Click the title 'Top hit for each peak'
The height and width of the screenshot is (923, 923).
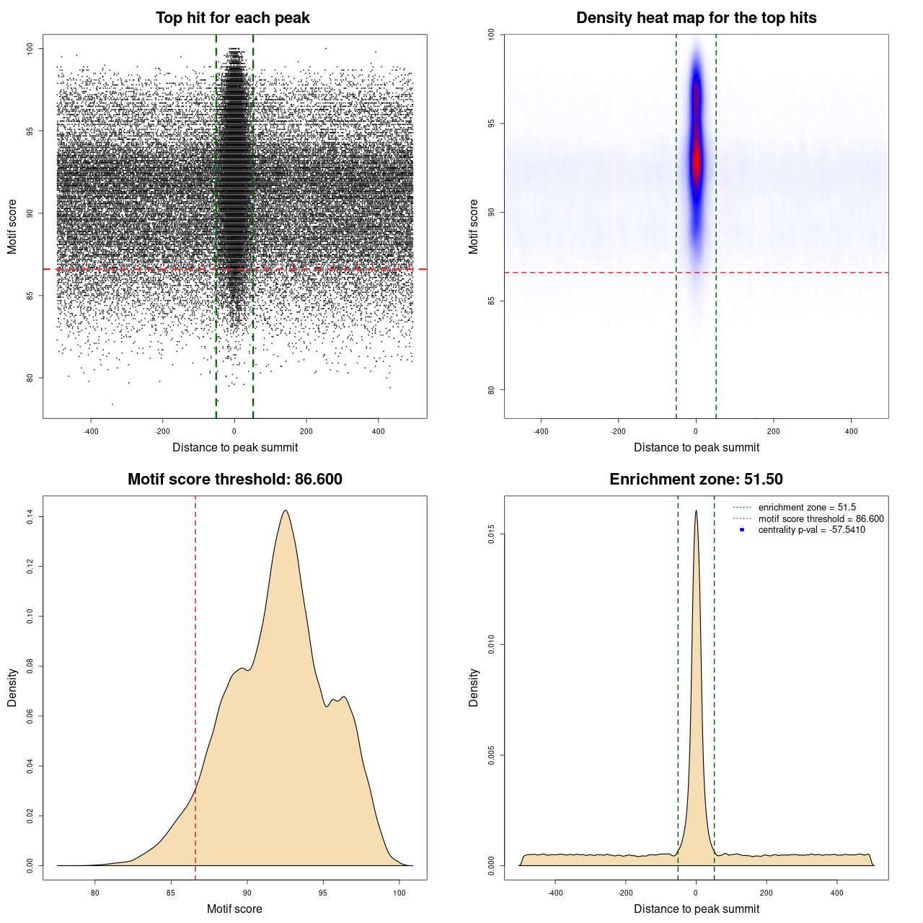point(232,18)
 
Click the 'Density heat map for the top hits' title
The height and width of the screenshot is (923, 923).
point(696,18)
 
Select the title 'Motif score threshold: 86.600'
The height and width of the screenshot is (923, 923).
point(234,480)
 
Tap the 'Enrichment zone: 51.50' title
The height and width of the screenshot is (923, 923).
point(696,480)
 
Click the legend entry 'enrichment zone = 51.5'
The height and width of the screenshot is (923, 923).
point(807,508)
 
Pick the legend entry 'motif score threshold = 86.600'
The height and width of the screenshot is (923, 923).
point(821,518)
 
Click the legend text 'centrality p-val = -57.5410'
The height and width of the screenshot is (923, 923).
point(811,530)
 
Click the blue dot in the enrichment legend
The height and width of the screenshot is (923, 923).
point(742,530)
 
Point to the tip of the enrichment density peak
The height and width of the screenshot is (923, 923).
point(696,511)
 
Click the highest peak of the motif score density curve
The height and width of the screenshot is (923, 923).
point(286,511)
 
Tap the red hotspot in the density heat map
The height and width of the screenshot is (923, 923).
point(697,160)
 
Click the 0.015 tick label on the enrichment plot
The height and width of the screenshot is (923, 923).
point(491,534)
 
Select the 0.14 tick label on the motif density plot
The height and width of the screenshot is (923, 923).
point(30,516)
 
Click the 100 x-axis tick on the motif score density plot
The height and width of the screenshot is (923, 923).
point(399,893)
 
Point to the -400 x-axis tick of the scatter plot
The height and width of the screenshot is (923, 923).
point(91,431)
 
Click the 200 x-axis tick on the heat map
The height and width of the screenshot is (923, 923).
point(774,431)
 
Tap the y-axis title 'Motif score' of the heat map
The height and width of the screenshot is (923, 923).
point(474,226)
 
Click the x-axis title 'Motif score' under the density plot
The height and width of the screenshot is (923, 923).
point(234,909)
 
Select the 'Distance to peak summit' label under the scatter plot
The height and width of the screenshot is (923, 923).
point(235,447)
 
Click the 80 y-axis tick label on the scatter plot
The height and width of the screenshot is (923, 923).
point(30,378)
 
